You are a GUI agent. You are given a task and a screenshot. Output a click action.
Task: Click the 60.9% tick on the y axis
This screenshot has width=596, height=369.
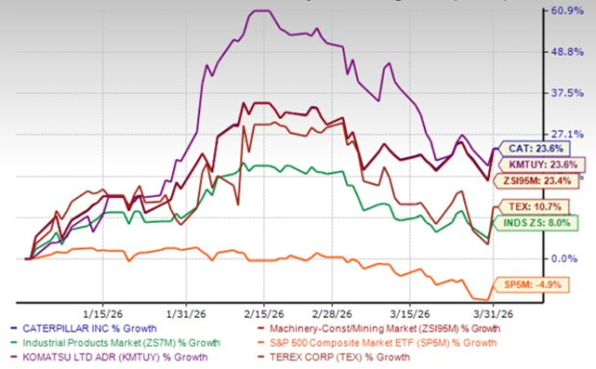pos(565,12)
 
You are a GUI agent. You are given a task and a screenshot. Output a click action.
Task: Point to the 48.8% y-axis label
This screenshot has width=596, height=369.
pos(565,53)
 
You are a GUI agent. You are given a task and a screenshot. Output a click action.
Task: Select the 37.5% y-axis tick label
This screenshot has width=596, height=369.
pos(565,94)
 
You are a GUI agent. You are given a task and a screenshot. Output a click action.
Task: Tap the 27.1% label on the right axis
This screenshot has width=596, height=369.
pos(565,135)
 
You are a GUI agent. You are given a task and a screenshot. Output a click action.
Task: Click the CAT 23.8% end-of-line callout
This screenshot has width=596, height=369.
pos(528,149)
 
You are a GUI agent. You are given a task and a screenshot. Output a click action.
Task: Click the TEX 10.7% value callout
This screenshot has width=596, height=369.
pos(528,207)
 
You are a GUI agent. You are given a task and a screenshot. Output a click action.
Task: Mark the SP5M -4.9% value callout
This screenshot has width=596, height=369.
pos(528,284)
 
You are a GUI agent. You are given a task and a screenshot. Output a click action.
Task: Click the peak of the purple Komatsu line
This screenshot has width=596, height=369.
pos(260,11)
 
